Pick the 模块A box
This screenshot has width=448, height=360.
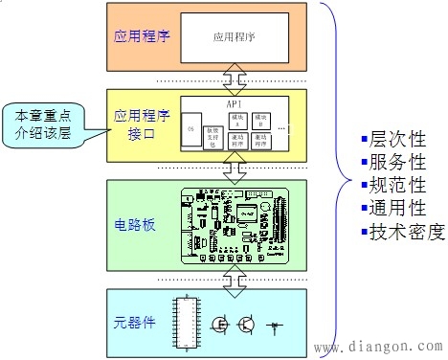point(238,120)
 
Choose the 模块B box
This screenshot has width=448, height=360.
point(262,120)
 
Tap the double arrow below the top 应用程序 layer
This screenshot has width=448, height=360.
point(229,80)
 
